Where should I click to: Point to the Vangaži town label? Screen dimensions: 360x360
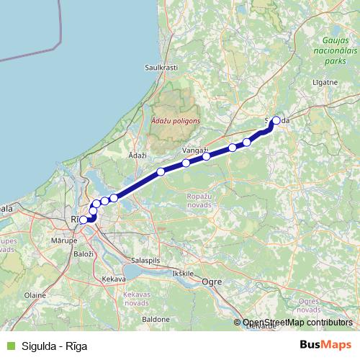(194, 150)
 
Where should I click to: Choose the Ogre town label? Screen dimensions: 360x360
(212, 282)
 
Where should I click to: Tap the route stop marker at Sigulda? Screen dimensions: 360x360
(276, 121)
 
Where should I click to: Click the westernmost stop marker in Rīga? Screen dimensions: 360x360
(84, 220)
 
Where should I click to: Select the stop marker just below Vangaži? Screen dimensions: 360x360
(186, 163)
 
